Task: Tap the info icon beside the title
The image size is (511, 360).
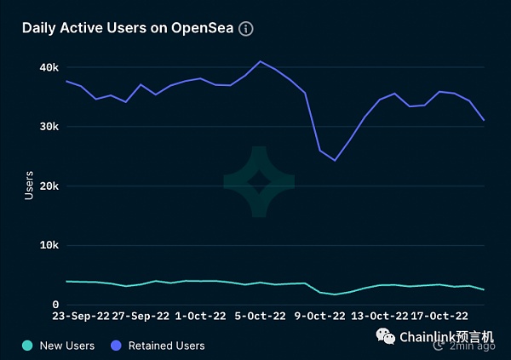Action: (246, 29)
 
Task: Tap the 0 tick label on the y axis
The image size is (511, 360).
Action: (55, 304)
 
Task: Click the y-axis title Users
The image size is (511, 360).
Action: (29, 186)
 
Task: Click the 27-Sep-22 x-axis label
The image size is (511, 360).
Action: (142, 316)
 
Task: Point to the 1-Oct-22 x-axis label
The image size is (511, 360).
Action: (201, 316)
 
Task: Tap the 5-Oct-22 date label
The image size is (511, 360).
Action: (261, 316)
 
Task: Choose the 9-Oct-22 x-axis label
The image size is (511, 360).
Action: (320, 316)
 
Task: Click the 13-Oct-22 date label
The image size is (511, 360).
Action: (381, 316)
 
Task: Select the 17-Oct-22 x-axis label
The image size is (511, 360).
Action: (439, 316)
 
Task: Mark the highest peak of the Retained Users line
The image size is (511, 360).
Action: (261, 61)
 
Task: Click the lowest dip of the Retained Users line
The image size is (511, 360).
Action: (335, 160)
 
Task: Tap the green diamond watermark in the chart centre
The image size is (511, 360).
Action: (259, 181)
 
